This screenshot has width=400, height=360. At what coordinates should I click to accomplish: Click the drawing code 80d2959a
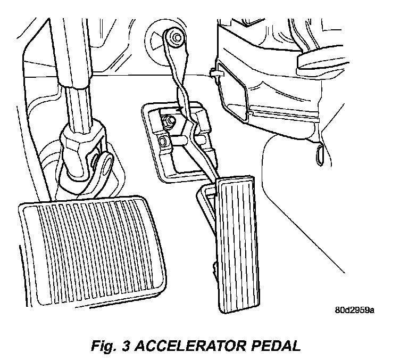pos(354,310)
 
